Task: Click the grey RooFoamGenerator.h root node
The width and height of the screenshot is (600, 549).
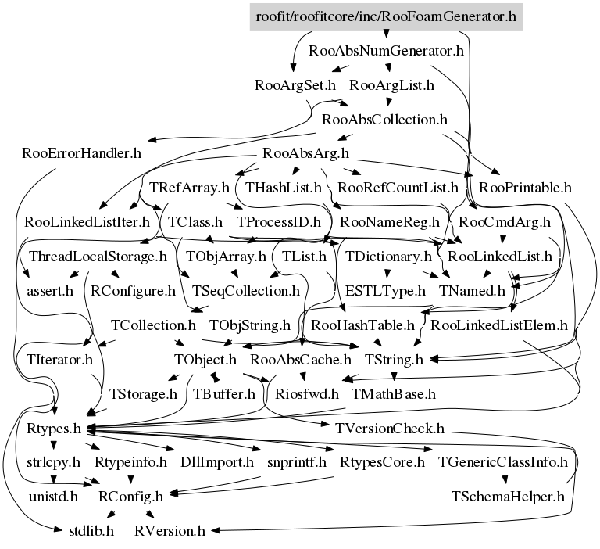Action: coord(386,17)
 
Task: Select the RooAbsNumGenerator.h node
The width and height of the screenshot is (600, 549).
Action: coord(386,51)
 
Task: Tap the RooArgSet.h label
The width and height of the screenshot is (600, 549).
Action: coord(295,85)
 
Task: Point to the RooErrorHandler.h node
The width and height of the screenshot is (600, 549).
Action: coord(81,153)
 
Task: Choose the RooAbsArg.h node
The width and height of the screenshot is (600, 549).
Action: coord(305,153)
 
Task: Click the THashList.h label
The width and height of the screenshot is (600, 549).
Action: coord(283,188)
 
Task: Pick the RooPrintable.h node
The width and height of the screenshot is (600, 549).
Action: coord(525,188)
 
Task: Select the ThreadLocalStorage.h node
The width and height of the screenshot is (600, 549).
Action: coord(98,257)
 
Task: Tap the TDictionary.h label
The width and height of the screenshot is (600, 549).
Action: coord(388,257)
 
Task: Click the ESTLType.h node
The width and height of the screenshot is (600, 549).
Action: coord(385,291)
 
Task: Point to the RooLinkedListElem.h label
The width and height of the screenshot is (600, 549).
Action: coord(499,325)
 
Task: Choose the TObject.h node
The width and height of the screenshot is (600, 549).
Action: coord(205,360)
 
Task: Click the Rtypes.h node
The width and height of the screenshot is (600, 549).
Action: coord(54,429)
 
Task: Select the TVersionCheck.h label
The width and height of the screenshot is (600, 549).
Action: coord(390,429)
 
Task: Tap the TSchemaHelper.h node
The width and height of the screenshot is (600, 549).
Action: coord(508,497)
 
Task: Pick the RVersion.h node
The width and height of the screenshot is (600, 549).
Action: coord(170,531)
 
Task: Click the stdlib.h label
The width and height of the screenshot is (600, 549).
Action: coord(91,531)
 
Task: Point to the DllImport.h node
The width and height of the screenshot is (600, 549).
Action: coord(217,462)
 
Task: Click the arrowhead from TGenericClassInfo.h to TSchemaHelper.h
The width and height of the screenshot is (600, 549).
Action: coord(505,479)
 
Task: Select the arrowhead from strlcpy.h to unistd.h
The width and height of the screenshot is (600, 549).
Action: coord(54,479)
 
